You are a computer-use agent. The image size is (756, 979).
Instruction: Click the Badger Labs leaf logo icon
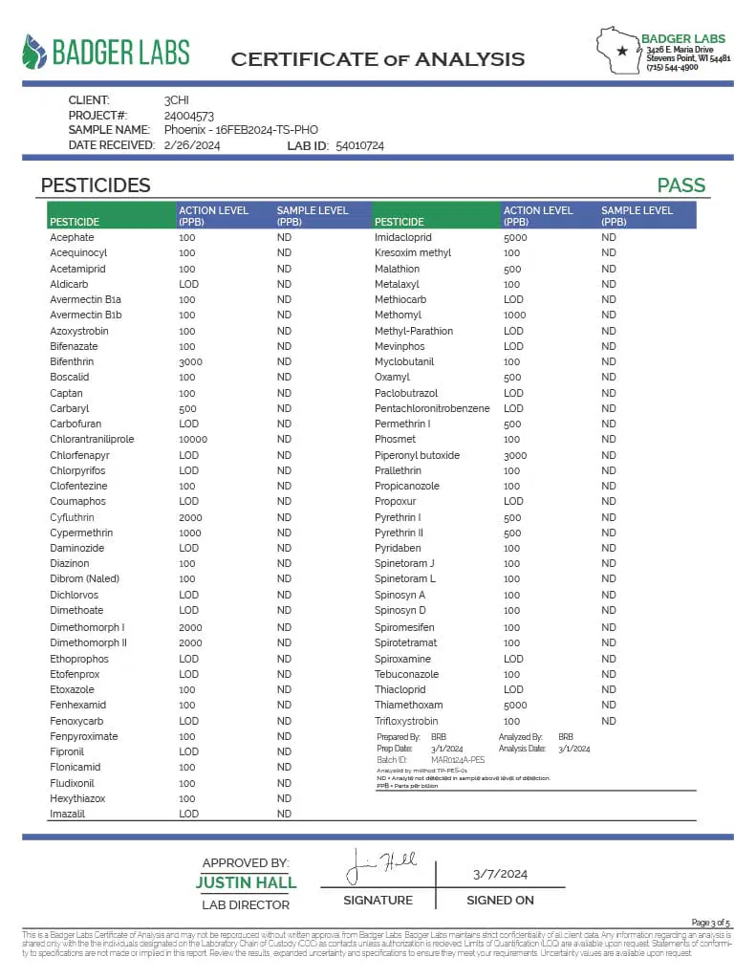[34, 53]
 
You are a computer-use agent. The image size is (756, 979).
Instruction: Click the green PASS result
[680, 185]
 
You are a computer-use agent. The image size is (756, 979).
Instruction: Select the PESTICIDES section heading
[96, 185]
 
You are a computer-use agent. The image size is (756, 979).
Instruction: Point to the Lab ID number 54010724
[360, 145]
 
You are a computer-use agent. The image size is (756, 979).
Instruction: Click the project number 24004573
[188, 115]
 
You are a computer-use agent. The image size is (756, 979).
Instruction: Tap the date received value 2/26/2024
[192, 145]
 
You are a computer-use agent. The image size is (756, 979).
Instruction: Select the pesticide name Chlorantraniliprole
[92, 440]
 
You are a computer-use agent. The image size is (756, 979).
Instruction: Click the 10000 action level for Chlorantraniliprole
[193, 440]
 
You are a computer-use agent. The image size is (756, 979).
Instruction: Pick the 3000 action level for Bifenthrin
[190, 361]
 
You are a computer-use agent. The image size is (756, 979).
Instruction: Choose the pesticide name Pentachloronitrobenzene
[432, 408]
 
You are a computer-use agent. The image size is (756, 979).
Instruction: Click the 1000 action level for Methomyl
[515, 315]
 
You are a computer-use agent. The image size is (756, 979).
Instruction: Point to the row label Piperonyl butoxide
[417, 455]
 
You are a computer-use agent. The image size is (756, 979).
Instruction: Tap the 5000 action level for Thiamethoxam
[515, 705]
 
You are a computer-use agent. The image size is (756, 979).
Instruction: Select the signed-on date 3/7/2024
[500, 874]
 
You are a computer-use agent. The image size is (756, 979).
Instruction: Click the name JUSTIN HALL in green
[246, 882]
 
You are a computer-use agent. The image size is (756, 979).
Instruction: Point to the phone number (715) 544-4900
[672, 67]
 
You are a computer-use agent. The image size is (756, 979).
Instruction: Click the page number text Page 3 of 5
[710, 923]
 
